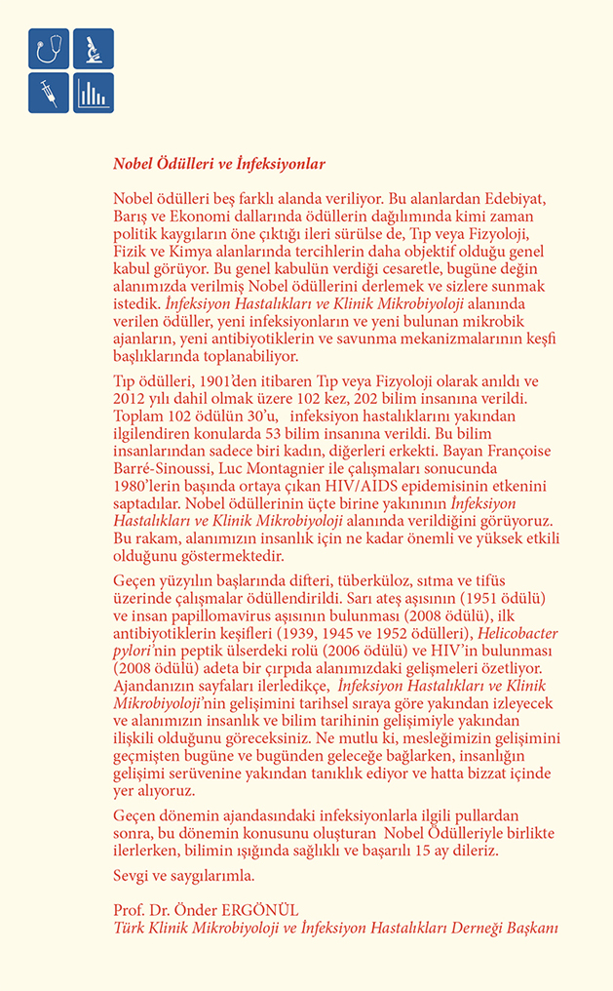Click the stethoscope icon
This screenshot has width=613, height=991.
click(49, 49)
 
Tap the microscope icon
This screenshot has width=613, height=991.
click(94, 49)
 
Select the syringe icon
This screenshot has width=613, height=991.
click(49, 93)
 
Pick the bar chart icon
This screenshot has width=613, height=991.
click(94, 93)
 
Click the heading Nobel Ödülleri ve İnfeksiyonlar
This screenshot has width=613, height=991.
click(219, 164)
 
